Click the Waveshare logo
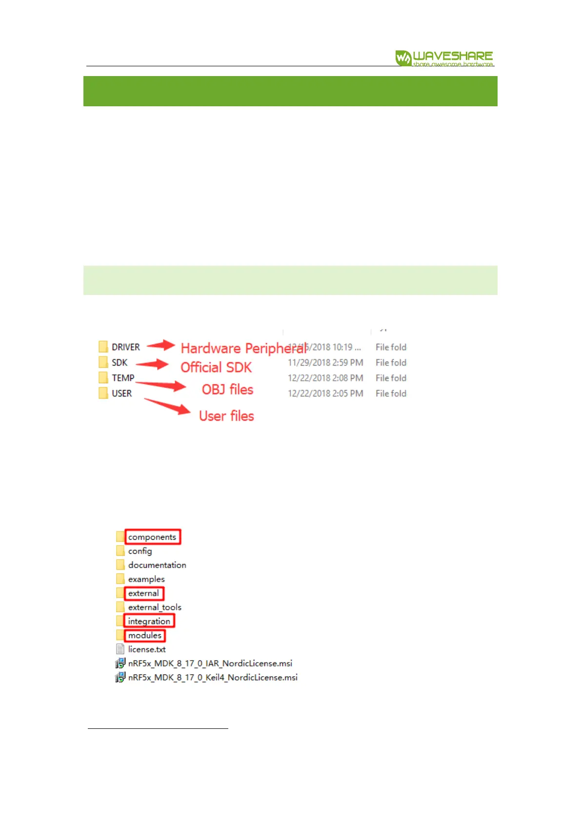[444, 58]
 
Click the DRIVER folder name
[126, 347]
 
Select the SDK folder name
[120, 363]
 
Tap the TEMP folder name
[123, 378]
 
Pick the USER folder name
[122, 393]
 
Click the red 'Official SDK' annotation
[216, 367]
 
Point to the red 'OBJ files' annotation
[227, 390]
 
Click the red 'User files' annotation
[226, 416]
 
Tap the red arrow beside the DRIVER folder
[161, 345]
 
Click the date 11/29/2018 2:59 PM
[325, 363]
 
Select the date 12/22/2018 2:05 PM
[325, 393]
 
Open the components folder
[152, 537]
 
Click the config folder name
[140, 551]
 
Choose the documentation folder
[157, 565]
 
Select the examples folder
[146, 579]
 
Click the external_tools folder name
[155, 607]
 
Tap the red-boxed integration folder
[149, 621]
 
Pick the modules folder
[144, 635]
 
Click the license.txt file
[147, 649]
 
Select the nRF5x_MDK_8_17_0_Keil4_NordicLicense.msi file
[213, 678]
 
